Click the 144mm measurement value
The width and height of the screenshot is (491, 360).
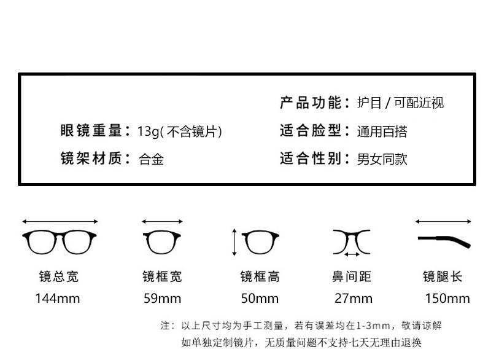point(57,299)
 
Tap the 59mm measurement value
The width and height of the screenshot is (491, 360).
point(162,299)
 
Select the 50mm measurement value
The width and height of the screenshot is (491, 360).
point(260,299)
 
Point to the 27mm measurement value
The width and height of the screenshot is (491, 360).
point(353,299)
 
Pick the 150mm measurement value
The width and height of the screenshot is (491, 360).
point(447,299)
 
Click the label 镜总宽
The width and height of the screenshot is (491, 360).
point(59,277)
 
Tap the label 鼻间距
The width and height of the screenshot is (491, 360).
point(352,277)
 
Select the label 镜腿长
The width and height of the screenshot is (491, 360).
point(442,277)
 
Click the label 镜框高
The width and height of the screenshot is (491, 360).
point(260,277)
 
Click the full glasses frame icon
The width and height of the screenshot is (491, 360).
point(60,242)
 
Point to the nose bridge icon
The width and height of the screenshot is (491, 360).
point(352,240)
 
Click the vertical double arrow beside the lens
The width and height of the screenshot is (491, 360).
point(234,242)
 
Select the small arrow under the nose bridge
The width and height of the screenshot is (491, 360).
point(352,254)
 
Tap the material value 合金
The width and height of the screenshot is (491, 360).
point(151,159)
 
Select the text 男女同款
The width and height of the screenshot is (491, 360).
point(382,159)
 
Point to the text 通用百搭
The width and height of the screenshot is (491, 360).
point(382,131)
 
